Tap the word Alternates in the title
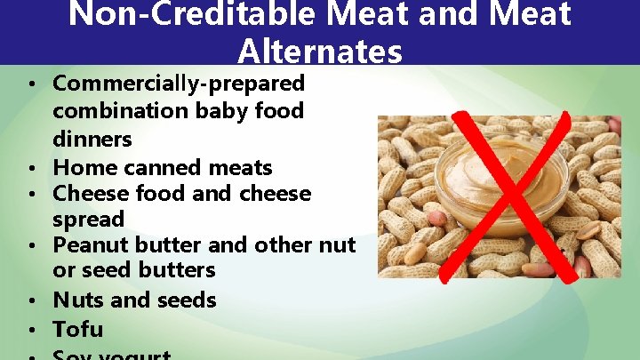[320, 52]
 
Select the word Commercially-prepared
[179, 84]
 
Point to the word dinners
[92, 140]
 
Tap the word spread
[89, 219]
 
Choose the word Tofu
[78, 330]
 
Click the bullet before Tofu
[30, 331]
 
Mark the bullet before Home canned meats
[30, 168]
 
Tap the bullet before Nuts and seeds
[30, 301]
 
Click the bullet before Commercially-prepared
[30, 85]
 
